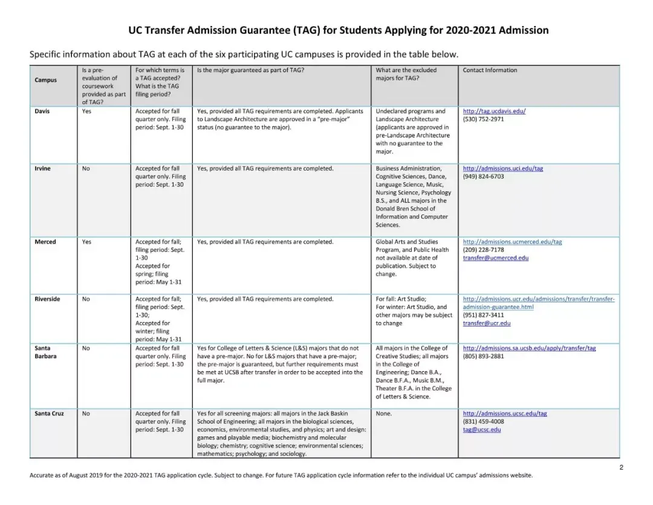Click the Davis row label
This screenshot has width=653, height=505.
(42, 111)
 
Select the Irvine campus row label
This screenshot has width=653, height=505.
(42, 168)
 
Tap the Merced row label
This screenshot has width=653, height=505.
(45, 242)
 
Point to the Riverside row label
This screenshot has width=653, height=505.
(47, 299)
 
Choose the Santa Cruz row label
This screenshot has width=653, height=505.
(49, 414)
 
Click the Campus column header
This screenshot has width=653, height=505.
(46, 80)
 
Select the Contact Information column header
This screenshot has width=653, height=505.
(490, 70)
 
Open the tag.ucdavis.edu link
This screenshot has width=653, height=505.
(494, 111)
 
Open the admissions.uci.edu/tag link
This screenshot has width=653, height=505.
(502, 168)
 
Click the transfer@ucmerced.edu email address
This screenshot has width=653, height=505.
(495, 258)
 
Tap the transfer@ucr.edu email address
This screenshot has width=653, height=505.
(486, 323)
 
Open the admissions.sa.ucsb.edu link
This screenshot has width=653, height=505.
(529, 348)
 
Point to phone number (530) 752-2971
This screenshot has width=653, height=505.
(483, 119)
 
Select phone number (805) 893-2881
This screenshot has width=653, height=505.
(483, 356)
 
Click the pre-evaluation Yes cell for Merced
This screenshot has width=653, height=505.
(87, 242)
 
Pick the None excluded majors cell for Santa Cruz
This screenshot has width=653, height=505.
(383, 414)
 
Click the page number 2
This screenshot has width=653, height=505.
(621, 467)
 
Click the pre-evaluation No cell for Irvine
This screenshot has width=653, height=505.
(86, 168)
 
